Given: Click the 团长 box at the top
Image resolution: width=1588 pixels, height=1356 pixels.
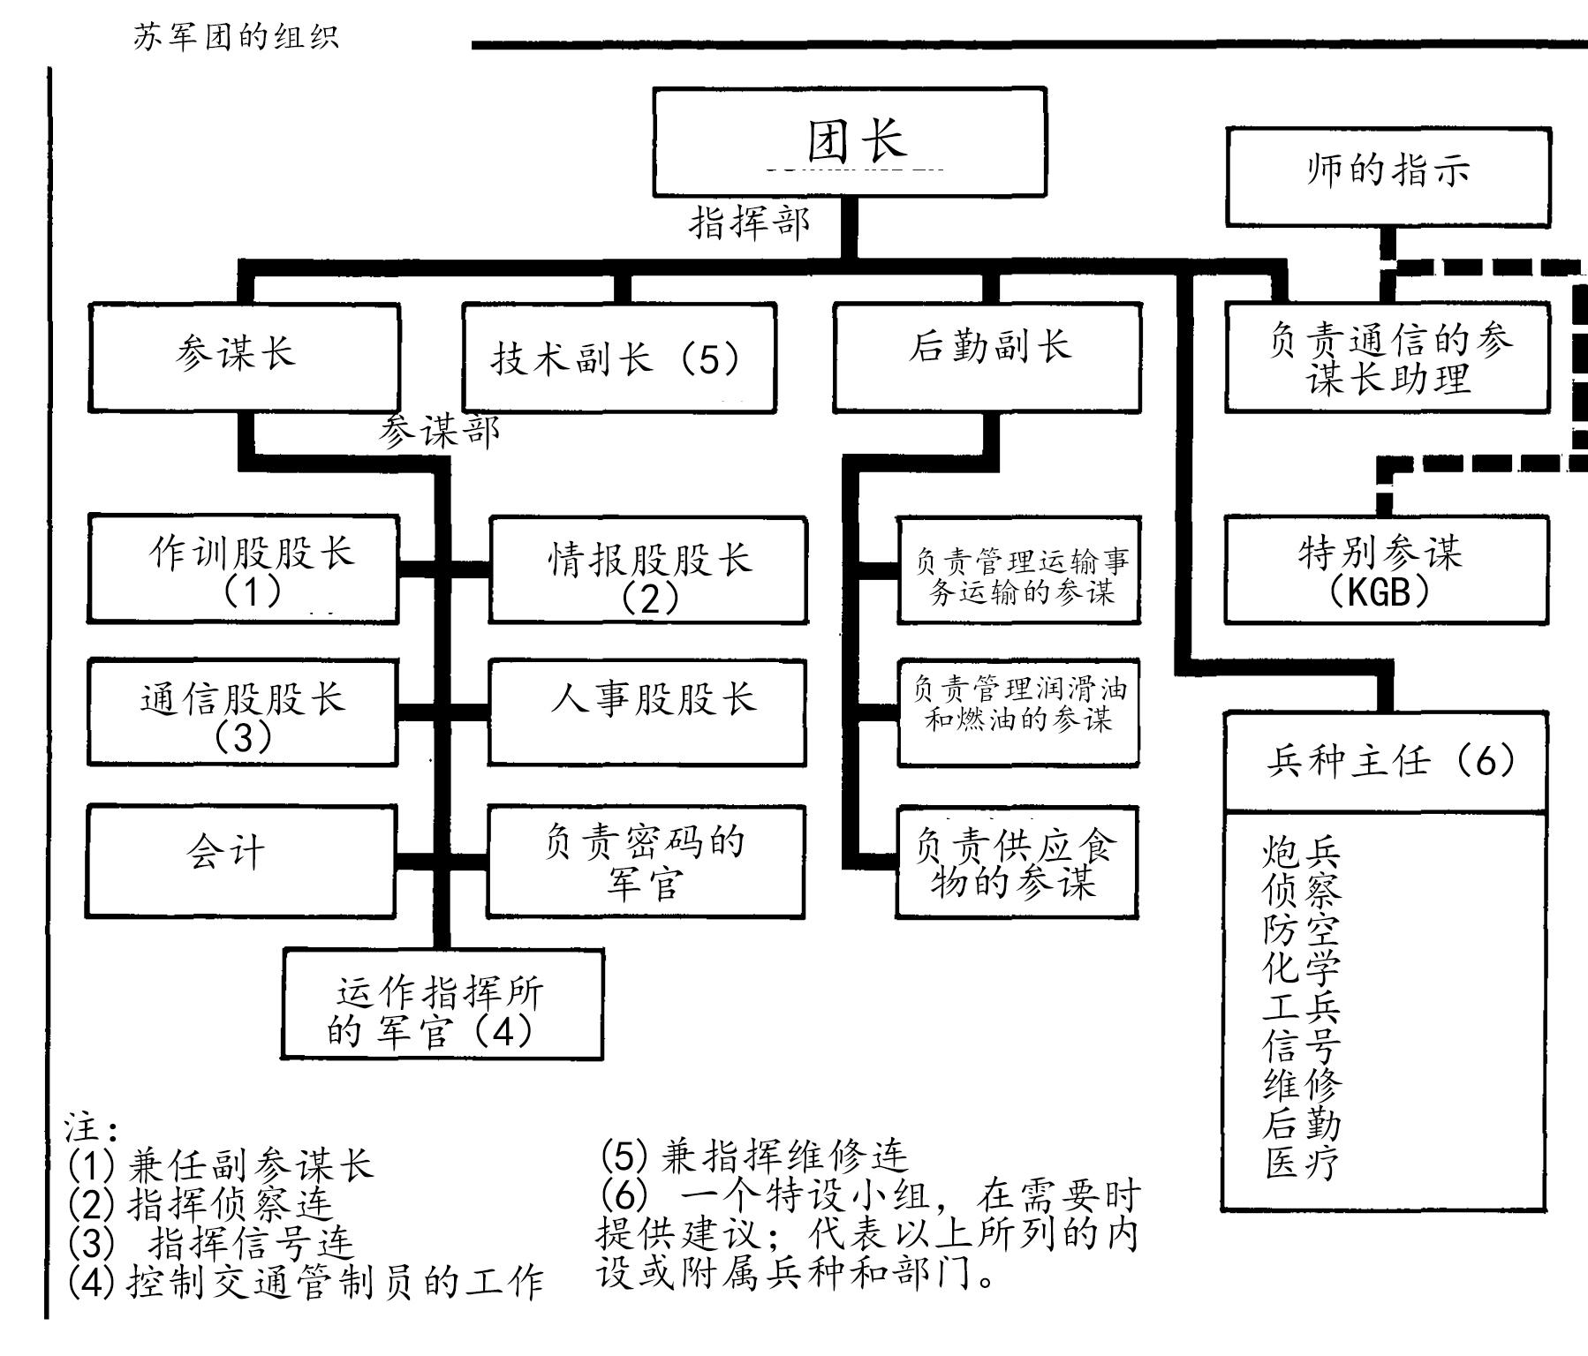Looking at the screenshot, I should (x=850, y=141).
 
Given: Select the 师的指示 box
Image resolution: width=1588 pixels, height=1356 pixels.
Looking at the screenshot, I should (x=1388, y=176).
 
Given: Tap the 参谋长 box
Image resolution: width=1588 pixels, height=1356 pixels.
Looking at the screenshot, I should (x=244, y=357).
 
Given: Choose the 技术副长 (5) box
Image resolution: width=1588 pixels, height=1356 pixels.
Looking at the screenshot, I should (x=619, y=358).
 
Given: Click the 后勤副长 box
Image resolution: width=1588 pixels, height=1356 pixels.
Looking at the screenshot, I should (x=987, y=357).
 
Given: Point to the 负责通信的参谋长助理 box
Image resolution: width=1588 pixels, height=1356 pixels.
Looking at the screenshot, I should (x=1387, y=358).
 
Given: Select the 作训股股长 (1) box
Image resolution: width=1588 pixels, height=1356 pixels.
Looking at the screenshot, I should (x=244, y=569).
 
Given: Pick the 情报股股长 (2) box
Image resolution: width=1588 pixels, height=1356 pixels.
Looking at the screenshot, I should (x=648, y=570).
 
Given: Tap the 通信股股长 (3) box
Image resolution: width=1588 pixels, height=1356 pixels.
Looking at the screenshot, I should (x=243, y=712).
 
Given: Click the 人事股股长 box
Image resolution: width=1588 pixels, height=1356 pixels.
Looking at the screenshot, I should (x=647, y=712).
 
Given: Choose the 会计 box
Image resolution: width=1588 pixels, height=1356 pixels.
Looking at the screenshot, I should (x=241, y=861).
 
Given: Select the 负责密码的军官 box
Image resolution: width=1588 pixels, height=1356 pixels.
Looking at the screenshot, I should (x=646, y=862).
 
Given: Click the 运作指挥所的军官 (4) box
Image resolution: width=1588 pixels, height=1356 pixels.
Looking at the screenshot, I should (x=443, y=1005).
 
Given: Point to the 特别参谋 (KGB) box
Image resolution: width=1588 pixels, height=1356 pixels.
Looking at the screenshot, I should (x=1386, y=570).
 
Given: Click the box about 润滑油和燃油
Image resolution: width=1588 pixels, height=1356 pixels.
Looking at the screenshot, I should (x=1018, y=712).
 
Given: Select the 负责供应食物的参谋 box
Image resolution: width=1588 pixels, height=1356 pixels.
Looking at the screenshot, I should (x=1017, y=862).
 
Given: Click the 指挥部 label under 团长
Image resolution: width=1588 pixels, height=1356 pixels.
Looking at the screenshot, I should (x=749, y=222).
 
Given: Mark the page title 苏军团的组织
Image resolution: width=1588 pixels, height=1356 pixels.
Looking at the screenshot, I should (x=236, y=37).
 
